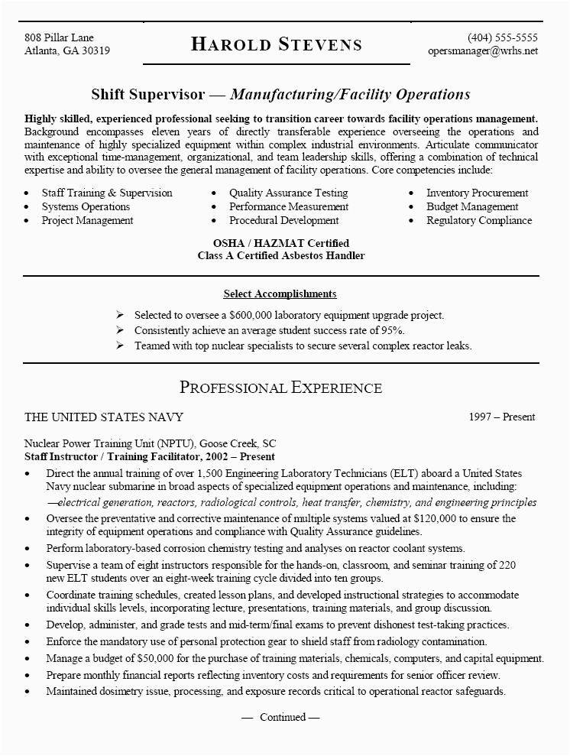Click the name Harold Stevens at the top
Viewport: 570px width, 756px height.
(277, 44)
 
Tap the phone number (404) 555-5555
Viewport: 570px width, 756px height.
(502, 37)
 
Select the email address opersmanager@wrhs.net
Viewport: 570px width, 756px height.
(483, 51)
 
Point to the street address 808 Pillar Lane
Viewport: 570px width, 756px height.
(59, 37)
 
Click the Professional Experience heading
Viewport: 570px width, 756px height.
(280, 387)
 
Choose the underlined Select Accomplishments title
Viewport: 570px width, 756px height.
(280, 294)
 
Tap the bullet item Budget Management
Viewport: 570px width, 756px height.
(472, 206)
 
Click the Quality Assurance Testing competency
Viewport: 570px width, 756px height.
(288, 193)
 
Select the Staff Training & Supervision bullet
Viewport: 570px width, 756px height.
(107, 193)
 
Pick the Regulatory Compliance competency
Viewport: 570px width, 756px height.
(479, 220)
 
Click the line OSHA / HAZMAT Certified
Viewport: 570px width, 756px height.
(280, 242)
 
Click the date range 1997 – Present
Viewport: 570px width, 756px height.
(502, 417)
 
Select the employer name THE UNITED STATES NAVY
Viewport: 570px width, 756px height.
(104, 417)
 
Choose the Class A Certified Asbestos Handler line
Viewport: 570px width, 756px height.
(280, 255)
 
